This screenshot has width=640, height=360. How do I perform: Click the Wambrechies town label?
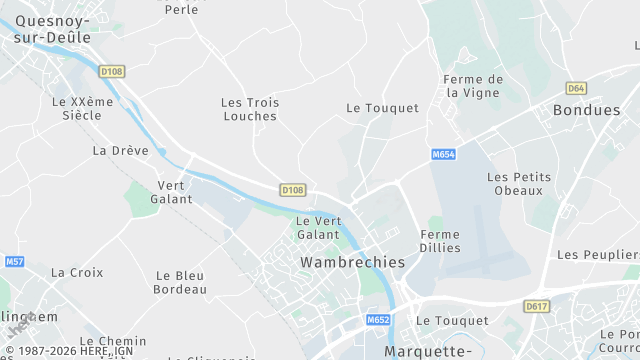[x=352, y=262]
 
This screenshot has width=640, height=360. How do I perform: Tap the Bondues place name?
[x=586, y=110]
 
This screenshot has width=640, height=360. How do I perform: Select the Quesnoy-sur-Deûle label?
[x=52, y=29]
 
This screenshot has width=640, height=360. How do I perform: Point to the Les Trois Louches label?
[x=249, y=109]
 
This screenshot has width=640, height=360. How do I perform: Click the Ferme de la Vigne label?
[x=473, y=86]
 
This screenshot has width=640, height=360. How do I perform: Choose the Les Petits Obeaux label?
[x=514, y=183]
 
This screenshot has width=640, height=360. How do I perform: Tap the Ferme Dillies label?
[x=435, y=240]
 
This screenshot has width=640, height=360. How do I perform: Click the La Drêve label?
[x=120, y=151]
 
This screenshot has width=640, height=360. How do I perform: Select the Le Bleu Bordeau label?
[x=179, y=282]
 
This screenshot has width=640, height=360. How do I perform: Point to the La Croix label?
[x=77, y=272]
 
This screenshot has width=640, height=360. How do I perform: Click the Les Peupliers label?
[x=597, y=255]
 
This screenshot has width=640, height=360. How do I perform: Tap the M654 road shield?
[x=444, y=155]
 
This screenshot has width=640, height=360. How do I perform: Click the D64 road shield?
[x=575, y=88]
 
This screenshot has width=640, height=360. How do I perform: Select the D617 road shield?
[x=537, y=306]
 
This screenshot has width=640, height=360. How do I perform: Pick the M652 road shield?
[x=377, y=320]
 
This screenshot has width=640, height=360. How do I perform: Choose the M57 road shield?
[x=14, y=262]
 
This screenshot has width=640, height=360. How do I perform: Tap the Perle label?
[x=181, y=8]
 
